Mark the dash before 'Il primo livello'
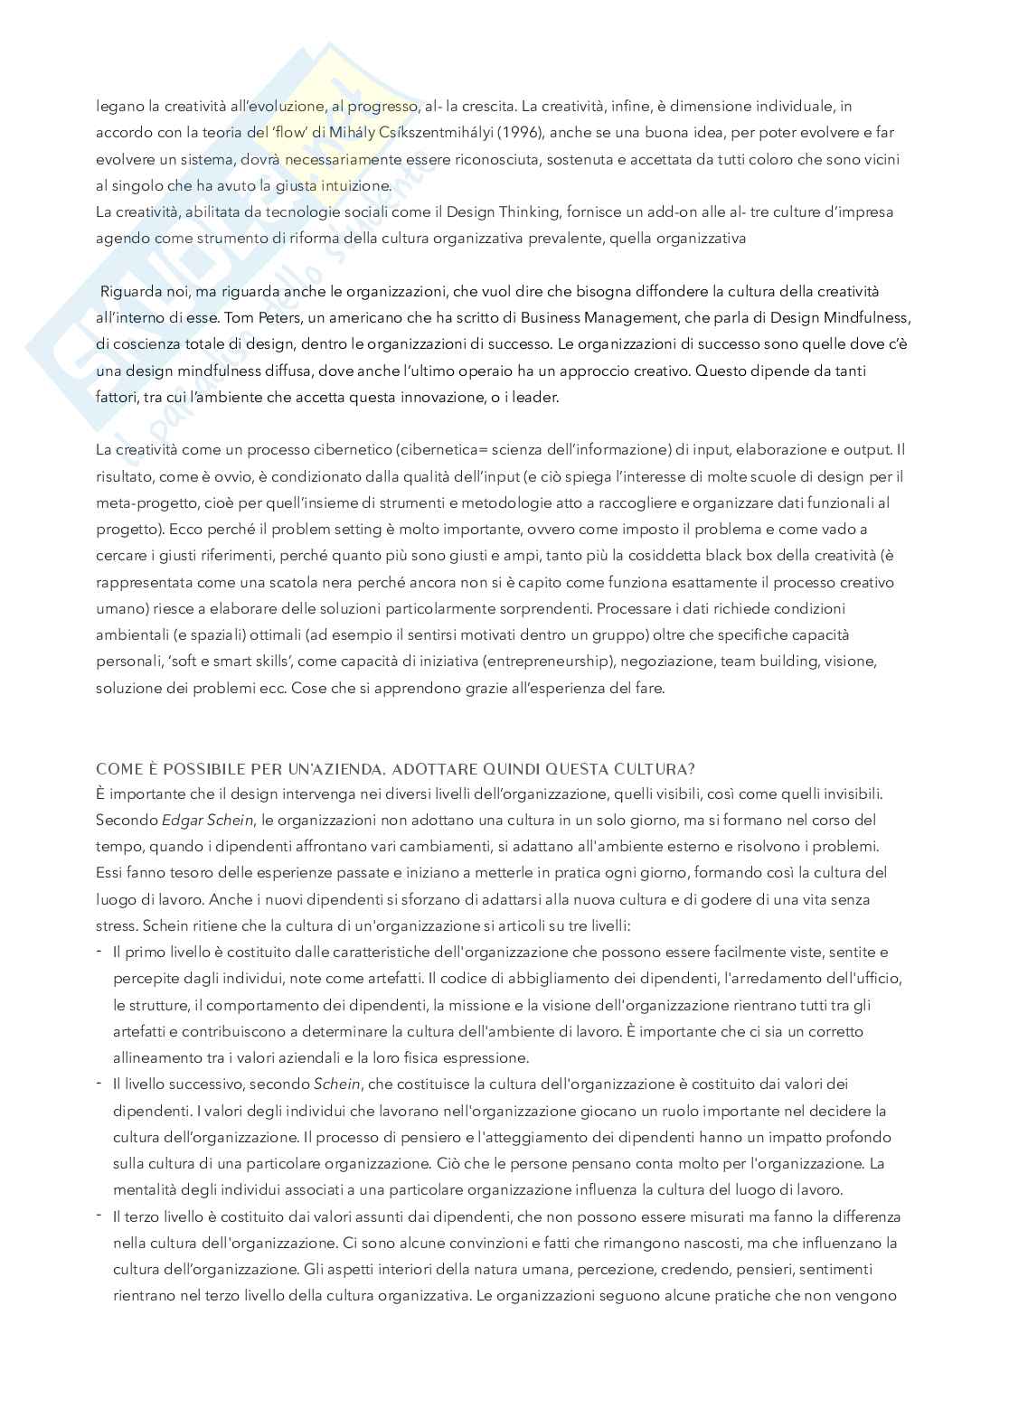click(99, 951)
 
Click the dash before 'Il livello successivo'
click(99, 1082)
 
